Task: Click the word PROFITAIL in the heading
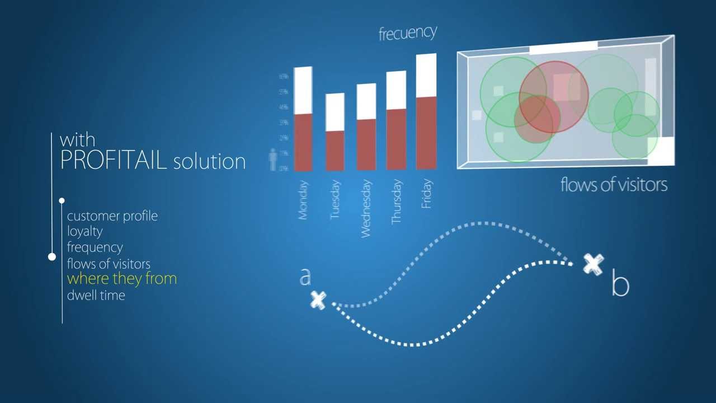tap(113, 161)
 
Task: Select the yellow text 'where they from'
tap(121, 279)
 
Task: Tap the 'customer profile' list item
tap(112, 216)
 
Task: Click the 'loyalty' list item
tap(84, 231)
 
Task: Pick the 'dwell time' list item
tap(96, 295)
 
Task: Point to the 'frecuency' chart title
tap(407, 33)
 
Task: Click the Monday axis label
tap(303, 200)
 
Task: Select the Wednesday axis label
tap(366, 208)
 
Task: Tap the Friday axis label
tap(427, 194)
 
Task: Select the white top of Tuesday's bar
tap(335, 112)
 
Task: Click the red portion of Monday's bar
tap(303, 142)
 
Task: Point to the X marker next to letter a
tap(318, 300)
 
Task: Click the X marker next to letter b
tap(593, 264)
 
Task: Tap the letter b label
tap(620, 283)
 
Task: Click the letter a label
tap(305, 277)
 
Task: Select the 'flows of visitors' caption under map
tap(614, 185)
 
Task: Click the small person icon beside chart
tap(273, 160)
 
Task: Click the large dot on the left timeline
tap(52, 256)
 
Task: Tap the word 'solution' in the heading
tap(209, 162)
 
